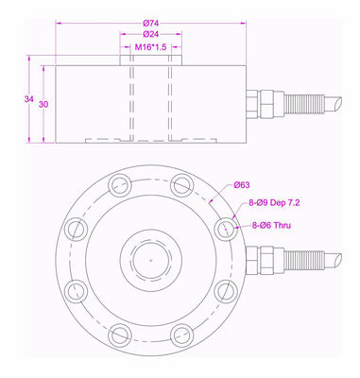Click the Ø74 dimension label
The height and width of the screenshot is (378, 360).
[x=151, y=23]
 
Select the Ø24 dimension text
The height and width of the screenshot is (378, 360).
[x=151, y=34]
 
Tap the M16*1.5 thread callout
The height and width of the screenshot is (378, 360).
[x=150, y=47]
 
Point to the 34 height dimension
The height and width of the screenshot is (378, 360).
[x=28, y=99]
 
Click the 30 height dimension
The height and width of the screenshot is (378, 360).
[x=43, y=105]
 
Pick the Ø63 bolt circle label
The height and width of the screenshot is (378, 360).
[x=242, y=185]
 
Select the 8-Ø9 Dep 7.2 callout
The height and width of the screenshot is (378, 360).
[x=274, y=203]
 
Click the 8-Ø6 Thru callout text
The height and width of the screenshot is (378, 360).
[x=271, y=226]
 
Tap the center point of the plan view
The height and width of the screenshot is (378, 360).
[x=151, y=260]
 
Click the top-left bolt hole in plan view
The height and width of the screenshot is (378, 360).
[x=120, y=185]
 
